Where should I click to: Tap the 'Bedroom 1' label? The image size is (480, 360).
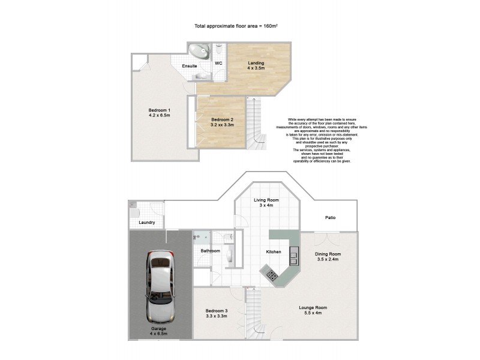pyautogui.click(x=160, y=110)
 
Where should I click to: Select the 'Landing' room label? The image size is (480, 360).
pyautogui.click(x=256, y=63)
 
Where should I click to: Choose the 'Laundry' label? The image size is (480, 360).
pyautogui.click(x=146, y=223)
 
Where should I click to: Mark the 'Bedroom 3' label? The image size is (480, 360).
pyautogui.click(x=216, y=310)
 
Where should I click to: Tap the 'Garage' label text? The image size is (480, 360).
pyautogui.click(x=159, y=329)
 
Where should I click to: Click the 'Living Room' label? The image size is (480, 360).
pyautogui.click(x=262, y=200)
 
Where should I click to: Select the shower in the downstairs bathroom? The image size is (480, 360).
pyautogui.click(x=199, y=238)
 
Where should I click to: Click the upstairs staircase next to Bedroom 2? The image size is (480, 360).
pyautogui.click(x=257, y=123)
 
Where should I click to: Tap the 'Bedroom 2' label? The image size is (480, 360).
pyautogui.click(x=221, y=120)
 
